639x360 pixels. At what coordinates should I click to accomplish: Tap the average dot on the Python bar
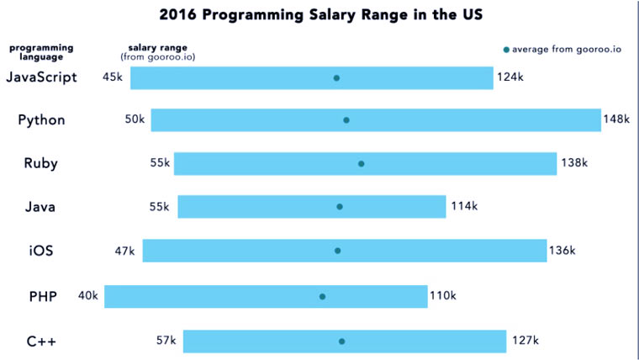[x=346, y=120]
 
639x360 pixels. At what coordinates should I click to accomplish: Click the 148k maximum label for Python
[x=615, y=119]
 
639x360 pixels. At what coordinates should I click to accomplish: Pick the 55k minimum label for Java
[x=160, y=206]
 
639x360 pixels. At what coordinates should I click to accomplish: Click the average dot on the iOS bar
[x=338, y=251]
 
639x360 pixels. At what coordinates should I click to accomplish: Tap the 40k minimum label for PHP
[x=88, y=295]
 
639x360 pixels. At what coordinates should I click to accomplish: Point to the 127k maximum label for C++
[x=524, y=341]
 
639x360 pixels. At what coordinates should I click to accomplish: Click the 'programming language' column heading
[x=41, y=52]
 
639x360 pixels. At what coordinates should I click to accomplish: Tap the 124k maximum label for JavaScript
[x=510, y=77]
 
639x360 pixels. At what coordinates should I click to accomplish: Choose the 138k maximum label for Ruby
[x=573, y=163]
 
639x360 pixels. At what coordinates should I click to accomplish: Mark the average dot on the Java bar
[x=340, y=206]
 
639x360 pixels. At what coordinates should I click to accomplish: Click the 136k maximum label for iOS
[x=562, y=251]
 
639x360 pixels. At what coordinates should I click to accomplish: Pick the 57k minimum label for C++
[x=166, y=341]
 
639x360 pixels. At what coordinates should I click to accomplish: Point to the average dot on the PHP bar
[x=322, y=296]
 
